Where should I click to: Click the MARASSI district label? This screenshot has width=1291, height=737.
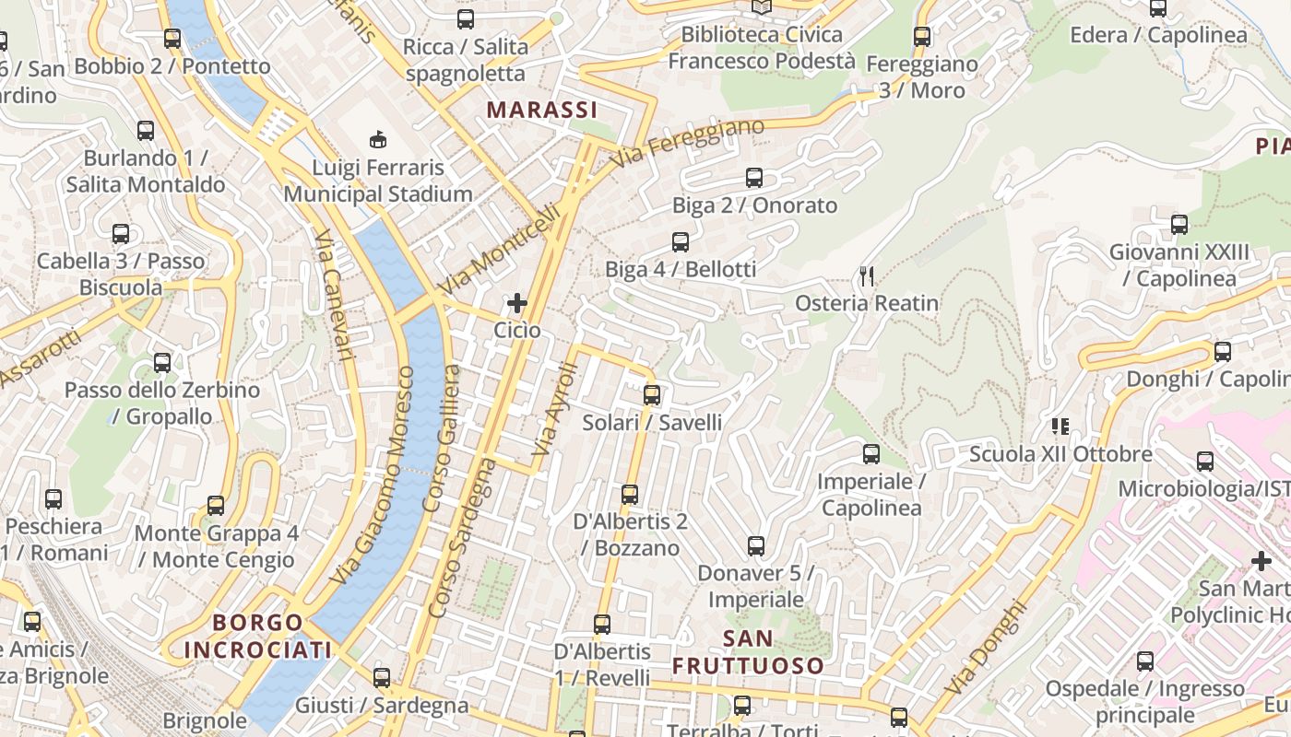pyautogui.click(x=542, y=111)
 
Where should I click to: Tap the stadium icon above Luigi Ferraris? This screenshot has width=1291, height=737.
pyautogui.click(x=378, y=140)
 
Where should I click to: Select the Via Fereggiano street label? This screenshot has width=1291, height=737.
pyautogui.click(x=687, y=143)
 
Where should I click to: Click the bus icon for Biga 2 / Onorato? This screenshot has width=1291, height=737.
pyautogui.click(x=754, y=178)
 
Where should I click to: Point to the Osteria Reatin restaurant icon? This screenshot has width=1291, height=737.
pyautogui.click(x=866, y=275)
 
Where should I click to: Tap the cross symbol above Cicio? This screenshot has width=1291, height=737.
pyautogui.click(x=517, y=302)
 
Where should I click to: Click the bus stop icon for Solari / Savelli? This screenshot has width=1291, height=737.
pyautogui.click(x=652, y=395)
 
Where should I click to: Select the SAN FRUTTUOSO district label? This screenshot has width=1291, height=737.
pyautogui.click(x=748, y=651)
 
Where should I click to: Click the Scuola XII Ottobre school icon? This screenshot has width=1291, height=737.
pyautogui.click(x=1060, y=426)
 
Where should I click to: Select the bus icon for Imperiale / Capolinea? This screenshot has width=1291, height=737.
pyautogui.click(x=871, y=454)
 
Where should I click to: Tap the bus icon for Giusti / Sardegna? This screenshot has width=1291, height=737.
pyautogui.click(x=382, y=678)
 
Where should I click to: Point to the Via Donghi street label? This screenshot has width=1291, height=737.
pyautogui.click(x=985, y=647)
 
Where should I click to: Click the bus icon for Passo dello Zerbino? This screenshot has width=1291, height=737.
pyautogui.click(x=162, y=362)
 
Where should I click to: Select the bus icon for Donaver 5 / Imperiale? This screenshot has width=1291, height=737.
pyautogui.click(x=756, y=546)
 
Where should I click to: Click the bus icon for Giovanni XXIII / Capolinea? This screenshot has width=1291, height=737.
pyautogui.click(x=1179, y=224)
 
